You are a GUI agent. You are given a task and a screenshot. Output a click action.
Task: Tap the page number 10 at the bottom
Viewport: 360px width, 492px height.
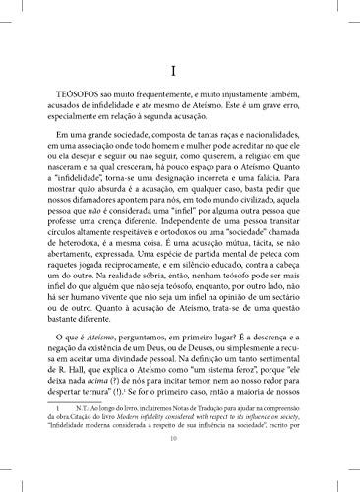point(180,468)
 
